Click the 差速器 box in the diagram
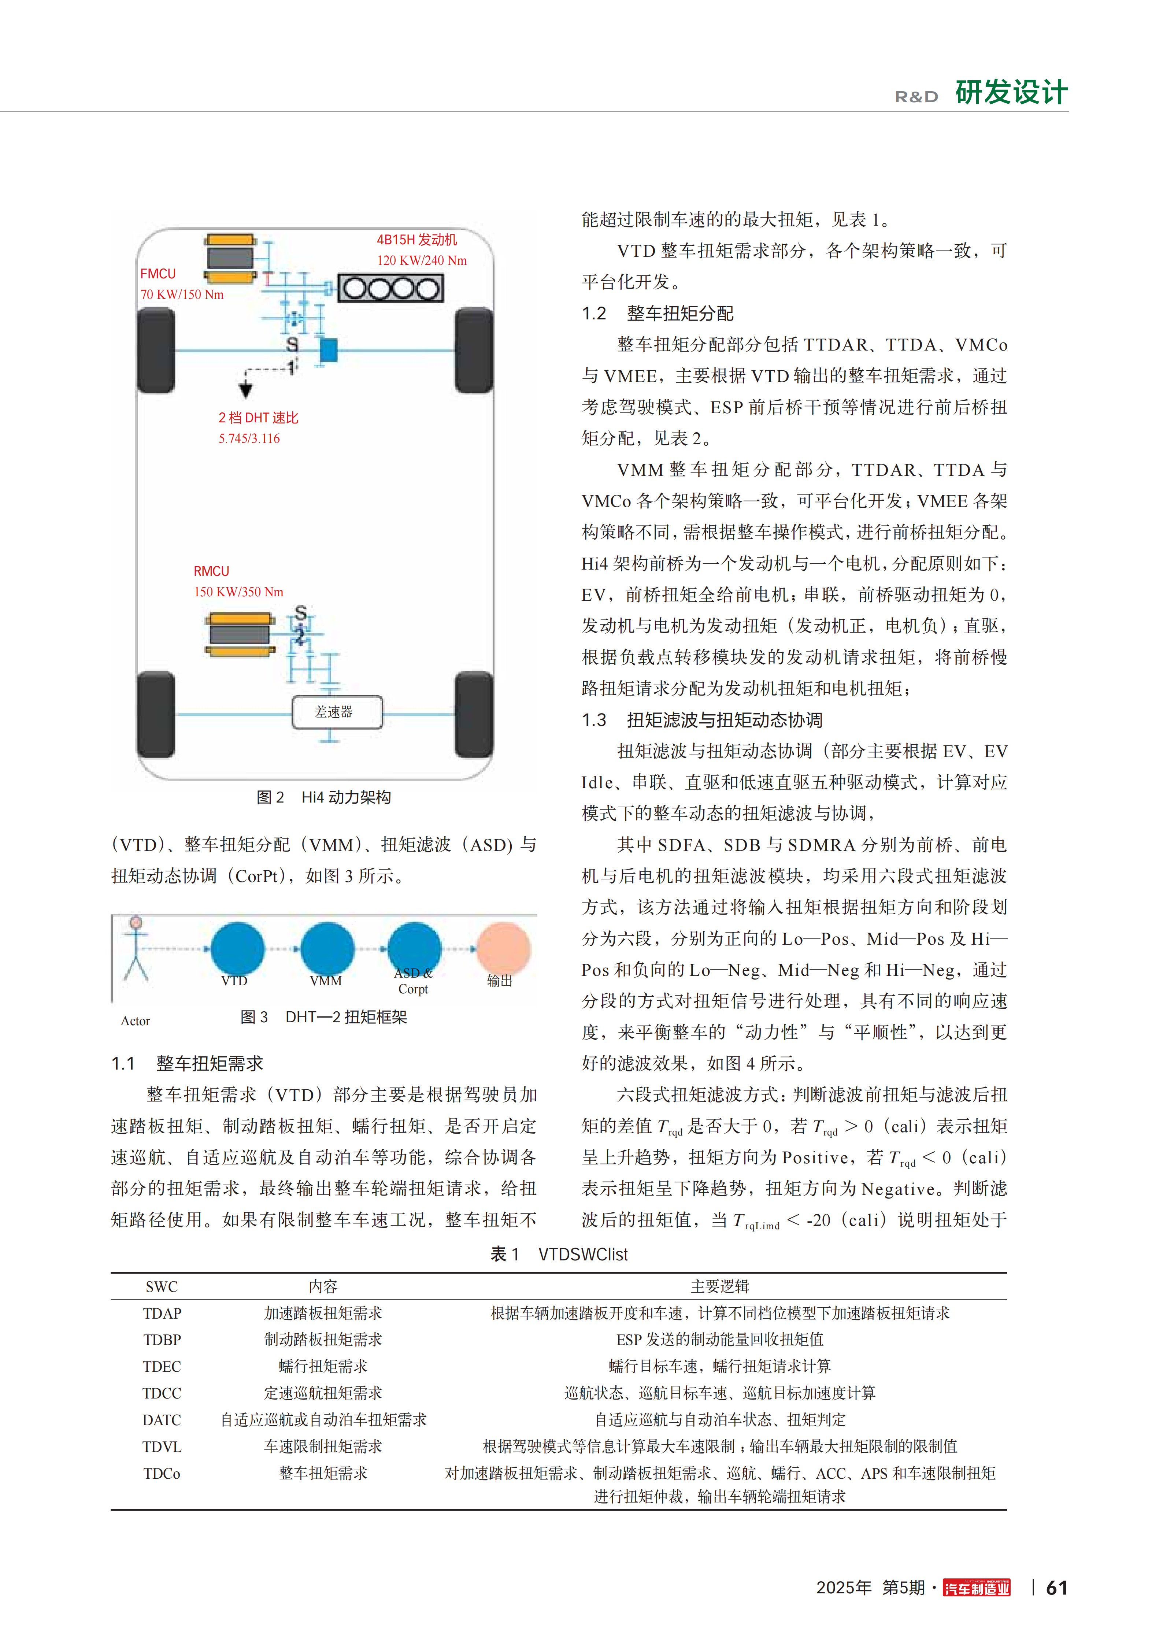337,712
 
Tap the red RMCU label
211,571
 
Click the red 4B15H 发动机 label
416,240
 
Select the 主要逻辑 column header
719,1286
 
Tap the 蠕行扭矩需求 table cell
323,1366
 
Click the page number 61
1056,1588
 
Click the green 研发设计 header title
1011,92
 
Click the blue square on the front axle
328,350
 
